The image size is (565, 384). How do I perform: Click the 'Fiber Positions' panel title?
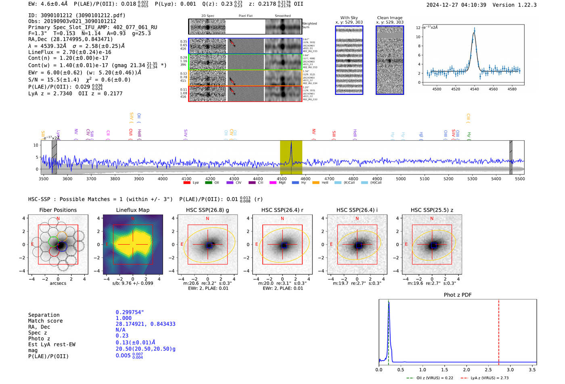click(58, 210)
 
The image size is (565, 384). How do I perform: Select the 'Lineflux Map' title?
click(133, 210)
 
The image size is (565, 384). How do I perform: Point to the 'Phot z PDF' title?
click(458, 295)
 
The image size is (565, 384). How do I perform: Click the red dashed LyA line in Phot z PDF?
click(499, 330)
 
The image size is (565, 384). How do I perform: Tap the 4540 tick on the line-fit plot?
click(474, 89)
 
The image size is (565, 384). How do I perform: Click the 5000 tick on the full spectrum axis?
click(401, 179)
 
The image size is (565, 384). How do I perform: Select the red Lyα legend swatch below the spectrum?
click(187, 183)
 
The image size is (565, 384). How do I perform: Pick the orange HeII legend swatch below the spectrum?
click(316, 183)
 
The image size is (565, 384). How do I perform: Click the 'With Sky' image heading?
click(349, 18)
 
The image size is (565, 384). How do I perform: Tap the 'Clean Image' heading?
click(389, 18)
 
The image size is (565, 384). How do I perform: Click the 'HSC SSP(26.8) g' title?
click(207, 210)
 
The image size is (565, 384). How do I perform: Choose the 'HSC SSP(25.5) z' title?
click(432, 210)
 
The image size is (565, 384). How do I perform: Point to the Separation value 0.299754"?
click(130, 312)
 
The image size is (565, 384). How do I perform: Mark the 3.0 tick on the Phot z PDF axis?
click(510, 369)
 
